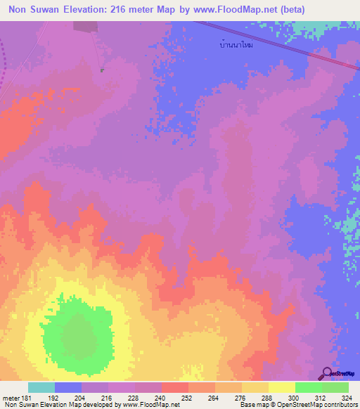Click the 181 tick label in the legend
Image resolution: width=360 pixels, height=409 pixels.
[27, 397]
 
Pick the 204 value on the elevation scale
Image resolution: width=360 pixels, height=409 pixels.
[82, 397]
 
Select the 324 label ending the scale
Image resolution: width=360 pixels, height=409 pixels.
[347, 397]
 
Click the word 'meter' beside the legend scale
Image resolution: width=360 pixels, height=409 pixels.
[10, 397]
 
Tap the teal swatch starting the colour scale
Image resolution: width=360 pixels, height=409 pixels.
[41, 387]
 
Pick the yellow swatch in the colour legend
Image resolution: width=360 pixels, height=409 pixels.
[281, 387]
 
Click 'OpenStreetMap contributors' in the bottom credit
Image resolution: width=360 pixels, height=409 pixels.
[323, 405]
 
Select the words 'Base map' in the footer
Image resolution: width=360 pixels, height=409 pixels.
[252, 405]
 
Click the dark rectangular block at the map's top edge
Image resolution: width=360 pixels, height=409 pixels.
[85, 26]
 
